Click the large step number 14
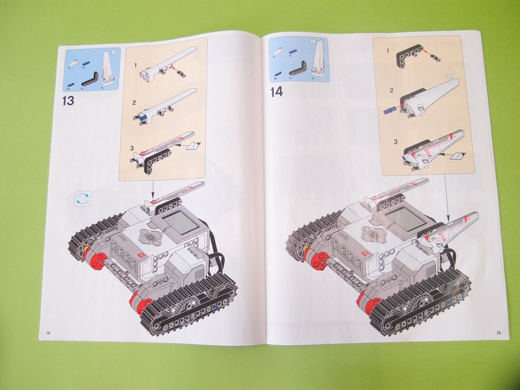(x=277, y=92)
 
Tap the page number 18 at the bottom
(x=48, y=333)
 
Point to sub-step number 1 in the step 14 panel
(x=389, y=50)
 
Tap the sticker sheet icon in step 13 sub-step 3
(x=190, y=146)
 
